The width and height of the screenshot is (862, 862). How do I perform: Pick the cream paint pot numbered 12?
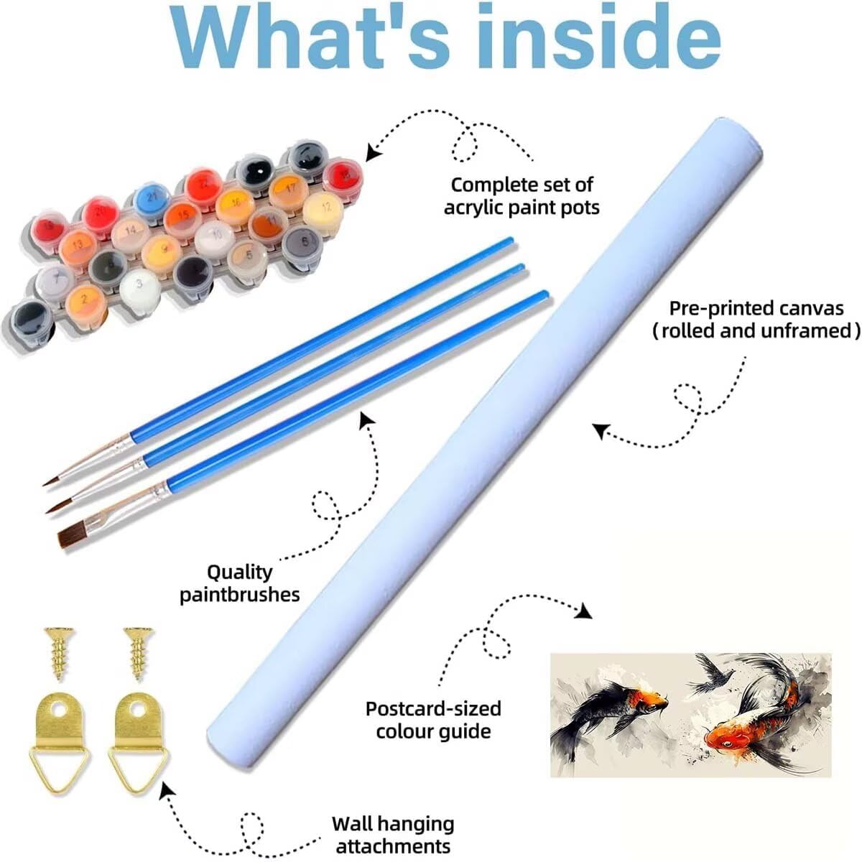coord(323,208)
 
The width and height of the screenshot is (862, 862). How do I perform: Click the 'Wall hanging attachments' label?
coord(393,834)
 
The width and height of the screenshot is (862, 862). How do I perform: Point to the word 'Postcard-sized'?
coord(433,708)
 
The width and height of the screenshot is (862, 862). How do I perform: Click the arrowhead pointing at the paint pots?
coord(372,152)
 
